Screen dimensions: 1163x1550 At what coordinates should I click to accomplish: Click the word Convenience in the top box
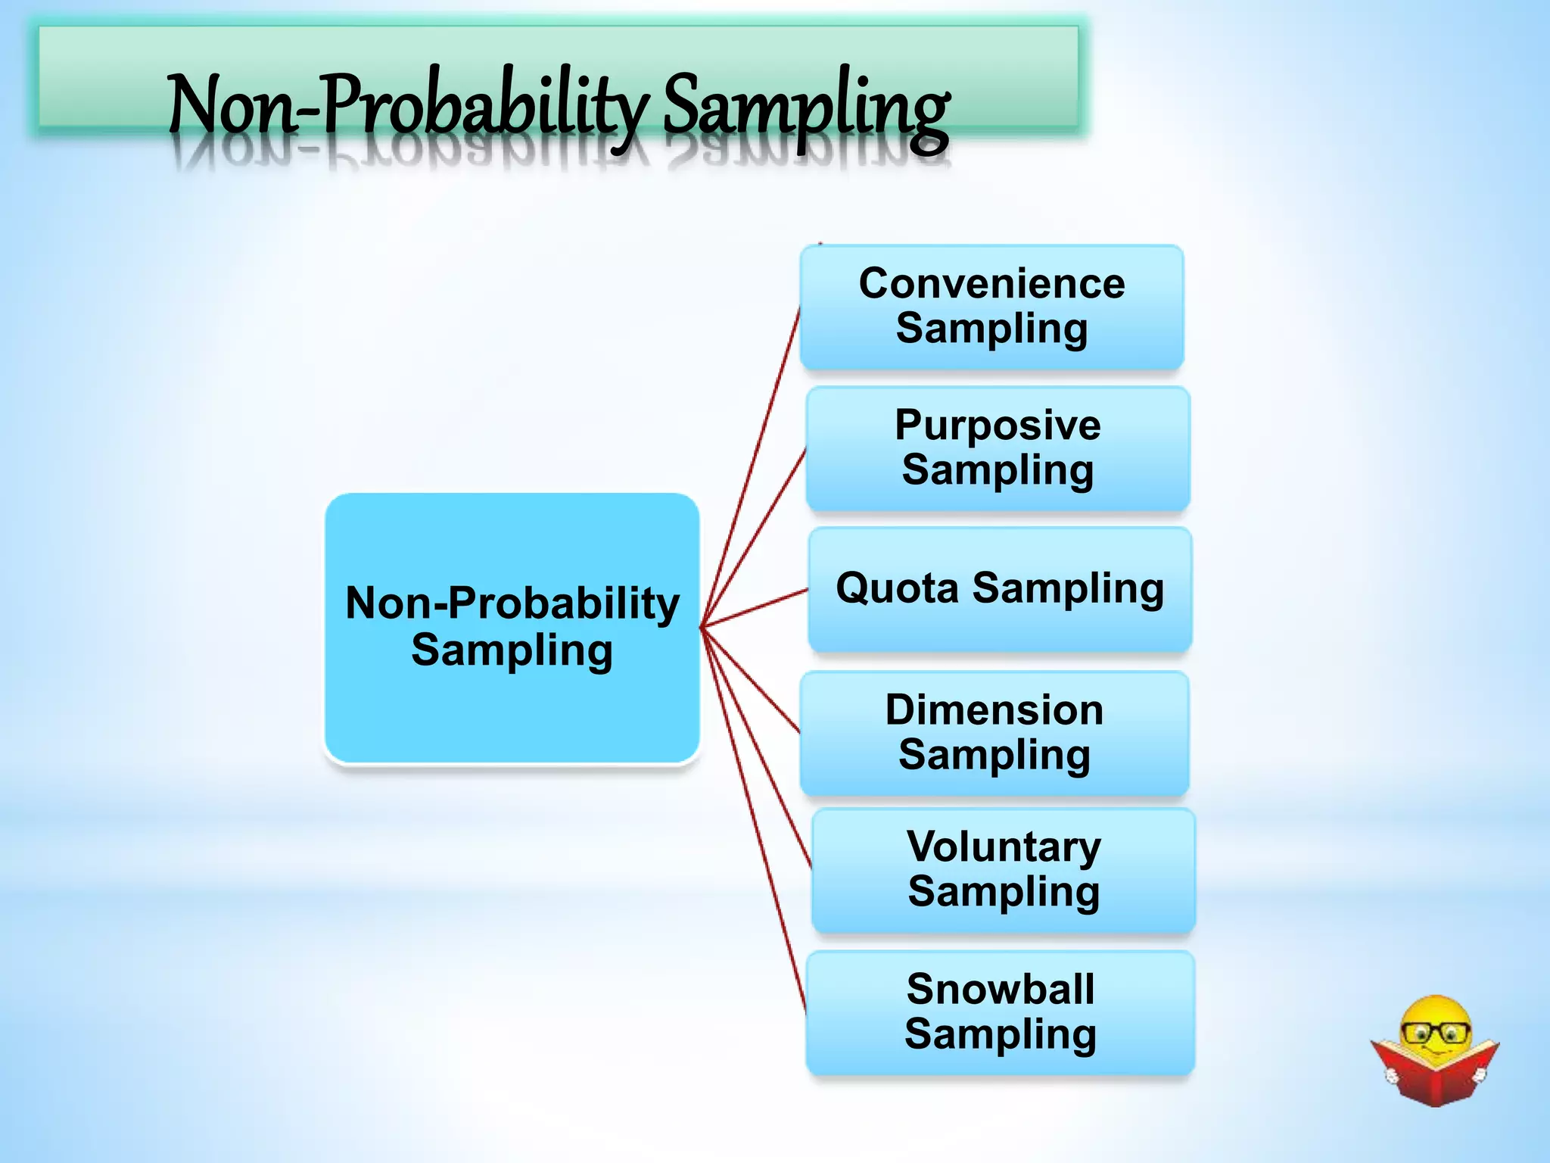tap(991, 284)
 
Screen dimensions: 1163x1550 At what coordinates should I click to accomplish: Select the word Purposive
tap(998, 425)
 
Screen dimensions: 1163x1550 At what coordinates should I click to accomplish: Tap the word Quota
tap(898, 588)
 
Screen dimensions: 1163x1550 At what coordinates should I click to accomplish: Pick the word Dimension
tap(994, 710)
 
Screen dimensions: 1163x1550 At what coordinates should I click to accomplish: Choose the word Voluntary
tap(1004, 847)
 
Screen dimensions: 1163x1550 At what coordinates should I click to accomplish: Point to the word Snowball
tap(1001, 989)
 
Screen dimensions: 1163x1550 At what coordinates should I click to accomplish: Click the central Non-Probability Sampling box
tap(512, 712)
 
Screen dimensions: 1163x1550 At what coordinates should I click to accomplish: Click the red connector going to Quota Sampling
tap(757, 607)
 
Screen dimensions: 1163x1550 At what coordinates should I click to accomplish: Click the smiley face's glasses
tap(1436, 1032)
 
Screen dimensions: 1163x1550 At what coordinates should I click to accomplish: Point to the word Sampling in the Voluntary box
tap(1004, 892)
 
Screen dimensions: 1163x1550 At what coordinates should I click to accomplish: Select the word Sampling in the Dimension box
tap(994, 756)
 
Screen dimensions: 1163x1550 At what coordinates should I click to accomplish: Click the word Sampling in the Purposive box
tap(998, 471)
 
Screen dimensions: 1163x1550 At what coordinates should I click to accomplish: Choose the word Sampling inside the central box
tap(512, 651)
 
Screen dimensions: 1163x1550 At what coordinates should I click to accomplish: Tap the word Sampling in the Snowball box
tap(1001, 1035)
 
